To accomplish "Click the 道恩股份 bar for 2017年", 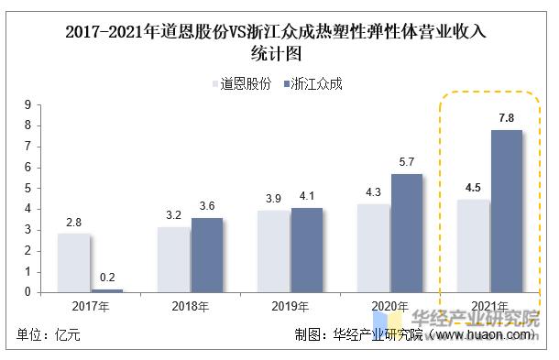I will pyautogui.click(x=73, y=263).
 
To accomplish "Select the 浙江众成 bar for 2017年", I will pyautogui.click(x=106, y=290).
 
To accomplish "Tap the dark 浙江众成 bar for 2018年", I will pyautogui.click(x=207, y=255).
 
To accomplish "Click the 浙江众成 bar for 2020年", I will pyautogui.click(x=406, y=233).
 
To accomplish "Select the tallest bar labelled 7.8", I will pyautogui.click(x=505, y=211).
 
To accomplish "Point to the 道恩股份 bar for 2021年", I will pyautogui.click(x=473, y=245).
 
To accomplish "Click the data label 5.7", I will pyautogui.click(x=406, y=161).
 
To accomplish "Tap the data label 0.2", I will pyautogui.click(x=106, y=277).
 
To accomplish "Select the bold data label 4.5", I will pyautogui.click(x=473, y=188).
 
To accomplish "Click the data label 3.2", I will pyautogui.click(x=173, y=214).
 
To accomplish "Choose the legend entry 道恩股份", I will pyautogui.click(x=240, y=83).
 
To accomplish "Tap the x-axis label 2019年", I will pyautogui.click(x=291, y=305).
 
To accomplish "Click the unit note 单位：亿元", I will pyautogui.click(x=49, y=334).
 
